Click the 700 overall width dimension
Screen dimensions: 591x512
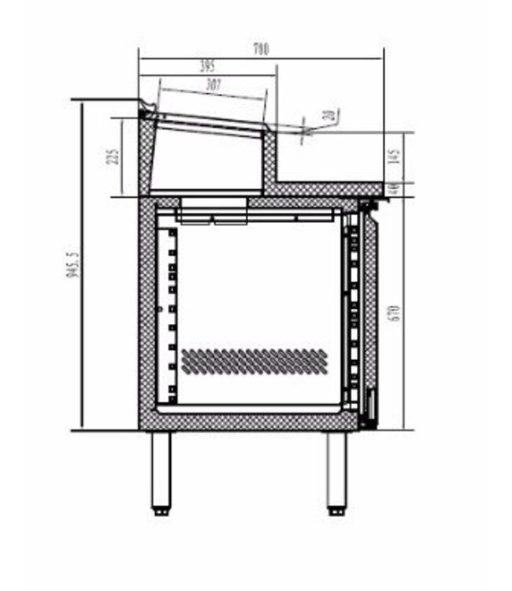(x=261, y=49)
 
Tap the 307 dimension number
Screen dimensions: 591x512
(x=213, y=84)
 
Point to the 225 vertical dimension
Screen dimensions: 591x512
(x=114, y=157)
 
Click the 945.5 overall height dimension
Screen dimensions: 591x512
(x=74, y=266)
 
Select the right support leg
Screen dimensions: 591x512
(x=336, y=469)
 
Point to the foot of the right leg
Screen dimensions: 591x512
(x=336, y=511)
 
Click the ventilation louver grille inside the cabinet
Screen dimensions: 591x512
(x=254, y=360)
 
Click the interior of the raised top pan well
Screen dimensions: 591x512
(x=209, y=158)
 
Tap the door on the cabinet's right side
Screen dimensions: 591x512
(x=367, y=315)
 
